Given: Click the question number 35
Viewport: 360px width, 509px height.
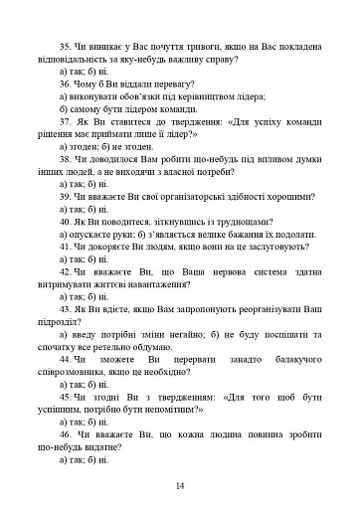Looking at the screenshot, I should [67, 45].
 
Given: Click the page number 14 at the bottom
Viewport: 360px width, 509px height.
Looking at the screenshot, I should [180, 484].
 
